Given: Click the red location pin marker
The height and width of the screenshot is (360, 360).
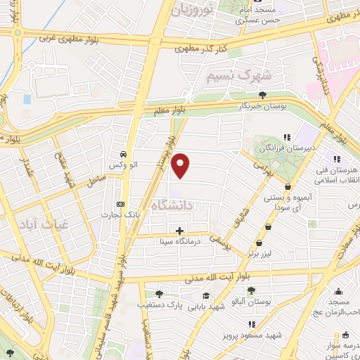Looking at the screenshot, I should click(181, 166).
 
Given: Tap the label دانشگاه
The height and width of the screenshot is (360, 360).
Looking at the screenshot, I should click(191, 206).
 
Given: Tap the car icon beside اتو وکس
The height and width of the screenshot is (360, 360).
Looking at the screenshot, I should click(123, 154).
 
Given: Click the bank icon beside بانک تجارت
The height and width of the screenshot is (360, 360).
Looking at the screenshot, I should click(120, 205).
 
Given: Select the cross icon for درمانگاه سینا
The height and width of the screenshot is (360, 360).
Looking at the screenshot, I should click(180, 230).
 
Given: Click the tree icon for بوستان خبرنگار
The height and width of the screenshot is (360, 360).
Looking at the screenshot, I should click(263, 95).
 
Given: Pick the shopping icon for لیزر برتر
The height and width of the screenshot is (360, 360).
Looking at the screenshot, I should click(270, 227).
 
